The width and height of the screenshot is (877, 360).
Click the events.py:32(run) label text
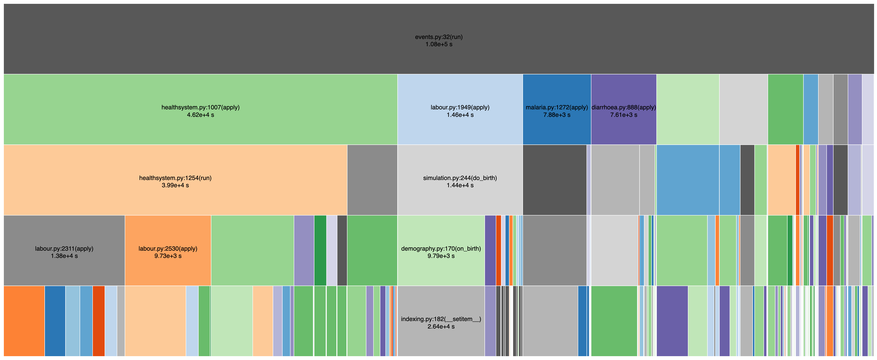(438, 37)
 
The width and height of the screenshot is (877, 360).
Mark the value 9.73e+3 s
(168, 256)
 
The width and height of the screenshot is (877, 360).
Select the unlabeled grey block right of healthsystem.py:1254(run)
(372, 180)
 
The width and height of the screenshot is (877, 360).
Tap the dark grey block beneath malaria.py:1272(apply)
(554, 180)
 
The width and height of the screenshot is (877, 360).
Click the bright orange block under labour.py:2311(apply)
(24, 321)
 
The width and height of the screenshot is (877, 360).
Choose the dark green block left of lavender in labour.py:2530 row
(320, 250)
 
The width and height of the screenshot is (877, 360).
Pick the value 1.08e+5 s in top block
(438, 44)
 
